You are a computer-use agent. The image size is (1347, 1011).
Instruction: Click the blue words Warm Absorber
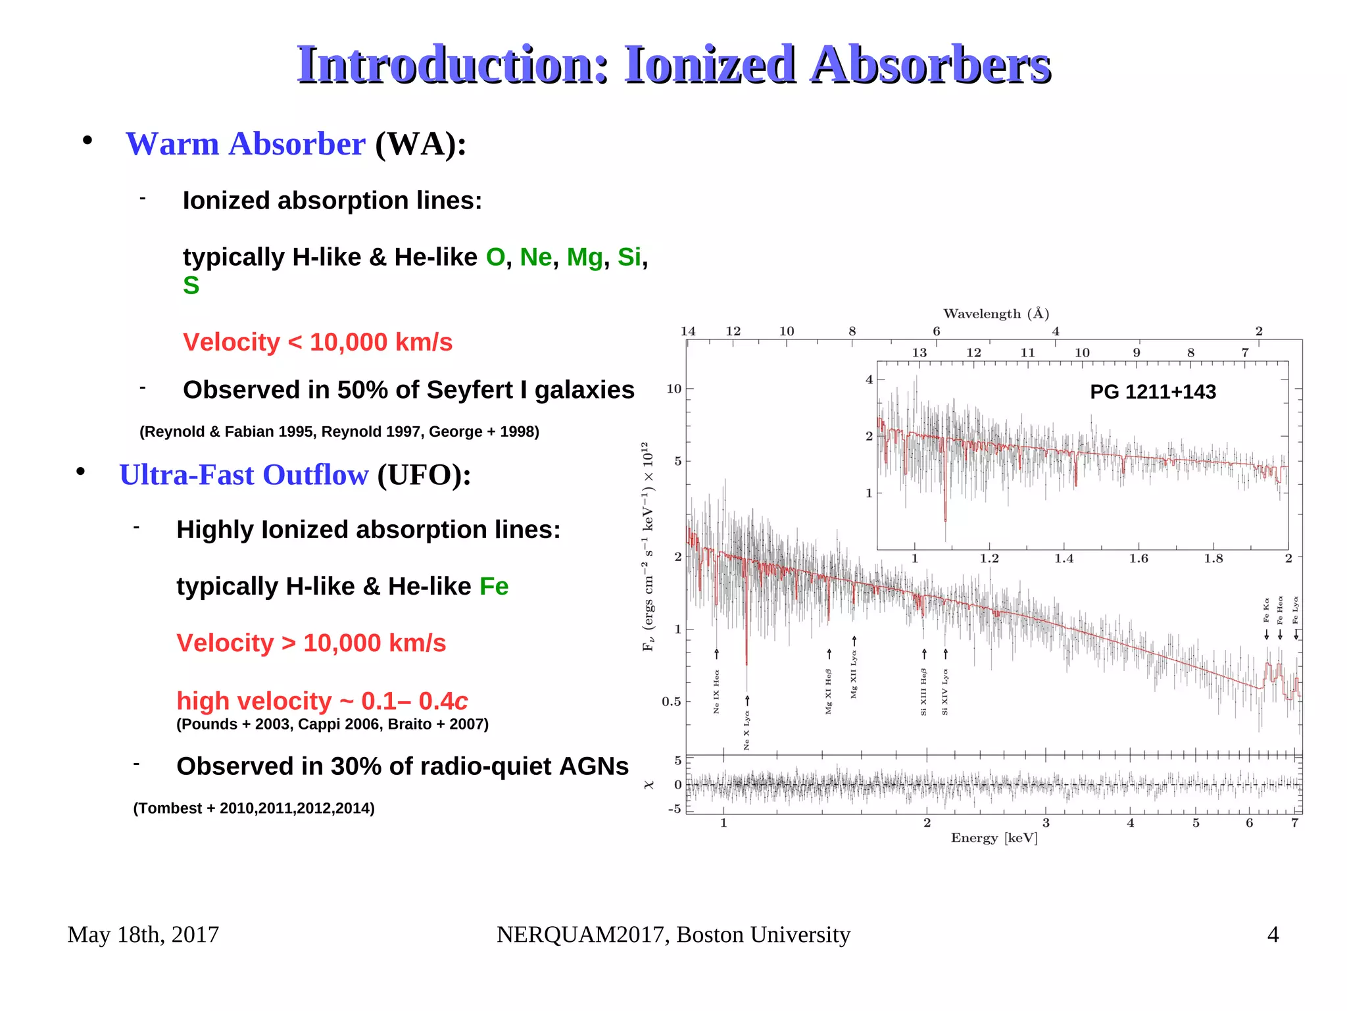click(245, 144)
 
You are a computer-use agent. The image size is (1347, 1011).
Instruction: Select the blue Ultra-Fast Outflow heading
click(244, 475)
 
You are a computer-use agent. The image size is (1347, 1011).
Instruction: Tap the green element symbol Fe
click(493, 586)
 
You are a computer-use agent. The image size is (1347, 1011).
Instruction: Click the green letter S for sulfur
click(191, 285)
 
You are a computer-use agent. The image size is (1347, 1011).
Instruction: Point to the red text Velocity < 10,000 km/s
click(318, 342)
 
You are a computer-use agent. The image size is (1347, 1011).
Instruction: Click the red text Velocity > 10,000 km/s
click(311, 643)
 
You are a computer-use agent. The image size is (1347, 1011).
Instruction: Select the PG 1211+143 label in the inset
click(1152, 391)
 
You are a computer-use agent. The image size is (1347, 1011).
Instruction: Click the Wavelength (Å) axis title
click(996, 314)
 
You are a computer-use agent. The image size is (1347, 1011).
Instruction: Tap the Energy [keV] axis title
click(994, 837)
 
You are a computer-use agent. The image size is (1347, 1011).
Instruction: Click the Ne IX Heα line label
click(716, 691)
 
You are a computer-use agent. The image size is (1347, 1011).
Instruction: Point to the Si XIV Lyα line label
click(945, 692)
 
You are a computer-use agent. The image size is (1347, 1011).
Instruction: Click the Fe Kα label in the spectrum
click(1266, 610)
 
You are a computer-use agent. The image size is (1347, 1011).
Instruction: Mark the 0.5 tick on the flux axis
click(671, 701)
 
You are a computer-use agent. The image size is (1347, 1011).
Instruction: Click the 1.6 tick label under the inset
click(1139, 558)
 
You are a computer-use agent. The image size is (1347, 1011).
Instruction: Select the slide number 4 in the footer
click(1273, 934)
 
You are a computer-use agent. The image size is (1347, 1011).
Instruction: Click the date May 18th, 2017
click(143, 934)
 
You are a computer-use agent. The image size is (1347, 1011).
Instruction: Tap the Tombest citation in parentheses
click(254, 808)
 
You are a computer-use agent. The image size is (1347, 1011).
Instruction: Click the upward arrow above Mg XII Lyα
click(854, 641)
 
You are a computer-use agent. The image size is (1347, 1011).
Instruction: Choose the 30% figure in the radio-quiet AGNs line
click(356, 766)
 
